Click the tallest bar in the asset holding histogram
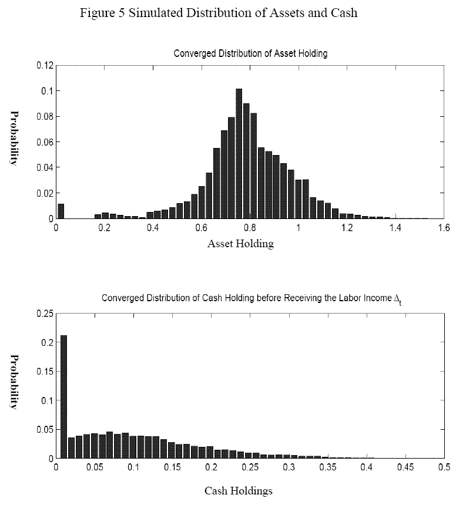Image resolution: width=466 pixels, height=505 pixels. pyautogui.click(x=239, y=154)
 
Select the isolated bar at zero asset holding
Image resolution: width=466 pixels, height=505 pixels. pyautogui.click(x=61, y=211)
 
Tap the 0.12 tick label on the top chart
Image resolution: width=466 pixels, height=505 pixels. pyautogui.click(x=44, y=65)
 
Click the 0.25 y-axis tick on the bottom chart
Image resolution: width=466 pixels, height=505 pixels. pyautogui.click(x=44, y=314)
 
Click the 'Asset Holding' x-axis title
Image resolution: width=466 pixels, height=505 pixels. pyautogui.click(x=240, y=244)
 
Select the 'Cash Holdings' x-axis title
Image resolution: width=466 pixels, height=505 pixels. pyautogui.click(x=239, y=490)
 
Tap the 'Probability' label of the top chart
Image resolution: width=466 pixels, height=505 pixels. pyautogui.click(x=14, y=138)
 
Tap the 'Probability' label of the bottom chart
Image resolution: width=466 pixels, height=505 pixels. pyautogui.click(x=14, y=382)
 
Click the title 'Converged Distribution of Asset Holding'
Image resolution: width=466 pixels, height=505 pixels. pyautogui.click(x=250, y=53)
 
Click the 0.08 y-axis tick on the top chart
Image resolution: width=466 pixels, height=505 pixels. pyautogui.click(x=44, y=116)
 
